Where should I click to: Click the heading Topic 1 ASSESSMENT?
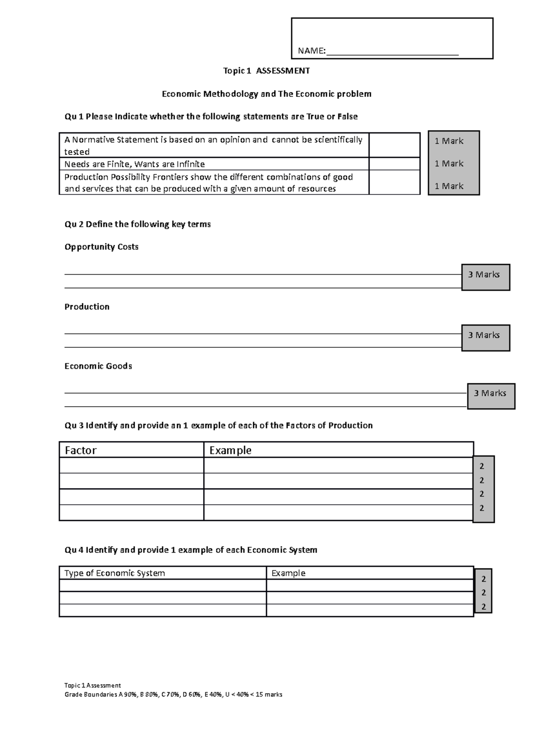[x=266, y=71]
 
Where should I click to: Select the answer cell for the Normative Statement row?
[x=394, y=145]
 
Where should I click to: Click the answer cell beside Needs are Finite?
[x=394, y=164]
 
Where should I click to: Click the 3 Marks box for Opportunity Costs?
[x=485, y=277]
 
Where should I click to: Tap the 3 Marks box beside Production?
[x=485, y=337]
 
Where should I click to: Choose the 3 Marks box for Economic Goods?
[x=491, y=396]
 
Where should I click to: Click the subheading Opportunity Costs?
[x=101, y=247]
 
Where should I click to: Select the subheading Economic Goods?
[x=98, y=366]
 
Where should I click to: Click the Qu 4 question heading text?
[x=191, y=550]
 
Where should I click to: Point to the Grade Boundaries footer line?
[x=173, y=694]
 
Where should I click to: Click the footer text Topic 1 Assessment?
[x=92, y=685]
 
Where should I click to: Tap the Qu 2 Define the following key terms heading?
[x=137, y=224]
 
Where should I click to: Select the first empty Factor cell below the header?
[x=131, y=466]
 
